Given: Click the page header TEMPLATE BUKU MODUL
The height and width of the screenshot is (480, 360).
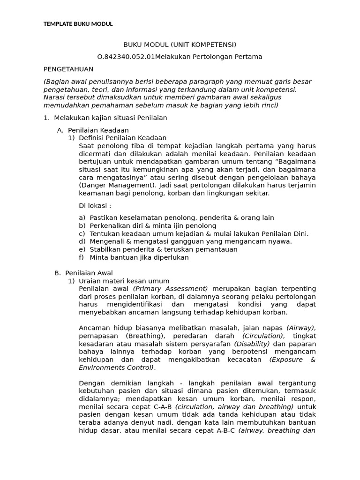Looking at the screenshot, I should coord(78,24).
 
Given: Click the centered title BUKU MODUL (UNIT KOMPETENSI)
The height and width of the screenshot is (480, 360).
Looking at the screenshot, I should coord(180,45).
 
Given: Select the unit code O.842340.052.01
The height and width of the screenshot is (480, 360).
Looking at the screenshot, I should coord(126,57).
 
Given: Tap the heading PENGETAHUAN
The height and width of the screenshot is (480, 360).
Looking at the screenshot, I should coord(68,69).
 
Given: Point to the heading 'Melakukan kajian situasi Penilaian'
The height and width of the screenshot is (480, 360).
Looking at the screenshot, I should coord(110,118).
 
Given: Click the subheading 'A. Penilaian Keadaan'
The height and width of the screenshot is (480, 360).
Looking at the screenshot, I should coord(98,130).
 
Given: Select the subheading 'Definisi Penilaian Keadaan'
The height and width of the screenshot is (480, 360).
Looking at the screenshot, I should coord(122,138).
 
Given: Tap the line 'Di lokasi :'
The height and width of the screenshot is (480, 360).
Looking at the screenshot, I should coord(95,205).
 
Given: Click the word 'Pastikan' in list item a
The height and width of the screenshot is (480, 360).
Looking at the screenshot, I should coord(103,217).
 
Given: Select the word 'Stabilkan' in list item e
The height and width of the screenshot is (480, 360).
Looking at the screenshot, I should coord(104,249).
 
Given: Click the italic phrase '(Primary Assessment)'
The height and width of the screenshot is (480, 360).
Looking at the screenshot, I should coord(171,288).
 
